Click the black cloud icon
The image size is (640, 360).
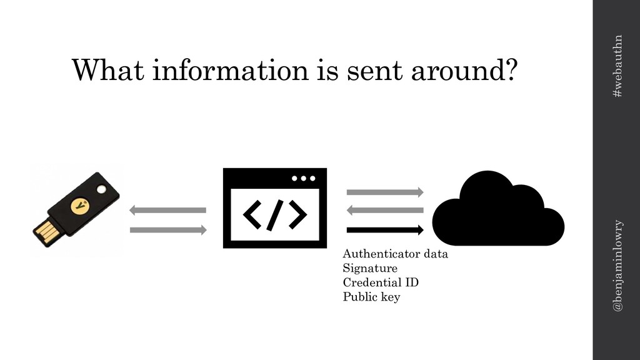(x=499, y=210)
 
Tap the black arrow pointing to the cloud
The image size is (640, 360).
(x=385, y=229)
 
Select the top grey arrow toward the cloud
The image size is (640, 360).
(x=385, y=191)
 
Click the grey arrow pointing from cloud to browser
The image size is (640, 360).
(x=385, y=211)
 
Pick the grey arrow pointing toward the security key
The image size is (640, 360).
(x=167, y=211)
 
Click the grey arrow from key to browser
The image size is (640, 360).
(x=167, y=230)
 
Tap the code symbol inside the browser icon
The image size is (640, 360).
(x=275, y=216)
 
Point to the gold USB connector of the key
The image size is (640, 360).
(x=46, y=232)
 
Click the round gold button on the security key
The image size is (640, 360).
(x=79, y=204)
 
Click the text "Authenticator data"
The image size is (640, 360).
(x=396, y=255)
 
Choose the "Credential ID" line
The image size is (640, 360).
(x=381, y=282)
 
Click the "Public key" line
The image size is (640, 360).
(x=371, y=297)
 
